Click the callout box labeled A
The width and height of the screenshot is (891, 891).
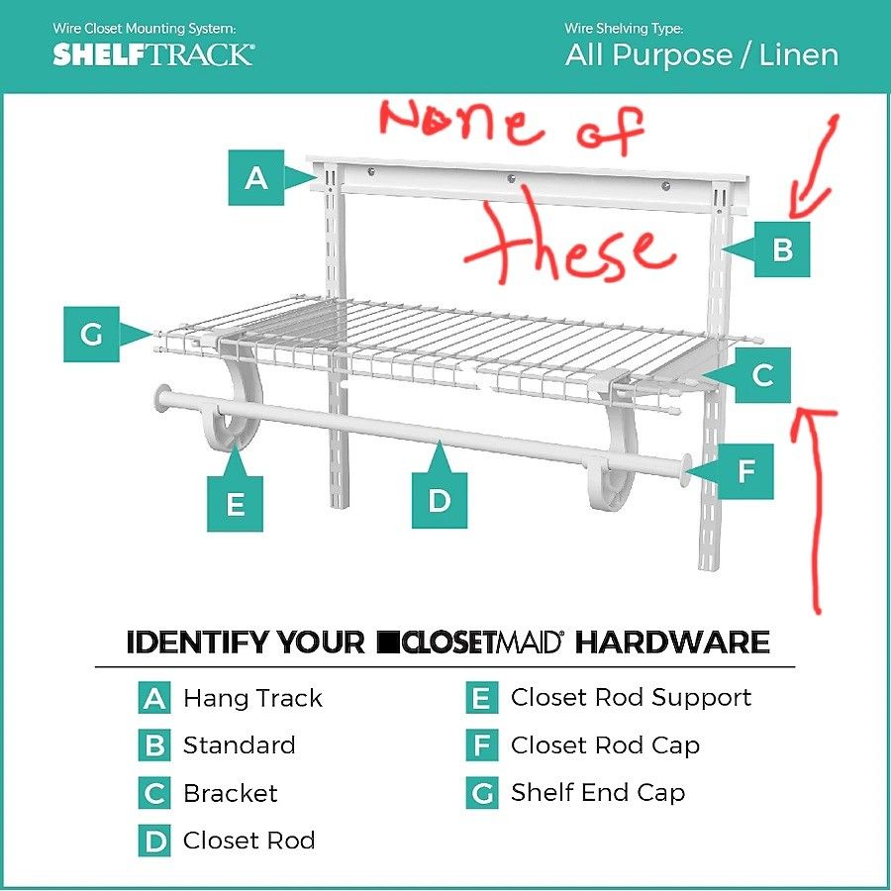pos(256,178)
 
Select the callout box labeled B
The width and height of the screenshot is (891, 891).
pos(782,249)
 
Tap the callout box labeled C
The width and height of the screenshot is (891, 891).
pos(762,376)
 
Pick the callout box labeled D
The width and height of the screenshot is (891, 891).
pos(440,500)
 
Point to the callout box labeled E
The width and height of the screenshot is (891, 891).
pos(235,504)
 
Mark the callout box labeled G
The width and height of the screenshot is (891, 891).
pos(92,335)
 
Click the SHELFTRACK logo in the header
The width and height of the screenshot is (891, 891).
pos(153,54)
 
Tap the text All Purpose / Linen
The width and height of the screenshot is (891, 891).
pos(702,55)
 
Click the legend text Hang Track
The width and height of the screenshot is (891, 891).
pos(252,698)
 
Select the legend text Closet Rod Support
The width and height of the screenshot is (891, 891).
pos(631,697)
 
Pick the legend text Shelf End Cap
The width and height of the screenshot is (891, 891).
pos(597,792)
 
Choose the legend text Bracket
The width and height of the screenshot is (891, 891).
pos(230,793)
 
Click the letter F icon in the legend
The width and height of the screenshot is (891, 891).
pos(481,745)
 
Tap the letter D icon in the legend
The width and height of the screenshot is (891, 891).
pos(154,841)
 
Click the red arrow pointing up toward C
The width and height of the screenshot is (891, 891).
pos(817,505)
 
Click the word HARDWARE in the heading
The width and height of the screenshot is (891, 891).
pos(673,643)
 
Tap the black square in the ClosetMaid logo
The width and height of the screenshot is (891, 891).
pos(388,643)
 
